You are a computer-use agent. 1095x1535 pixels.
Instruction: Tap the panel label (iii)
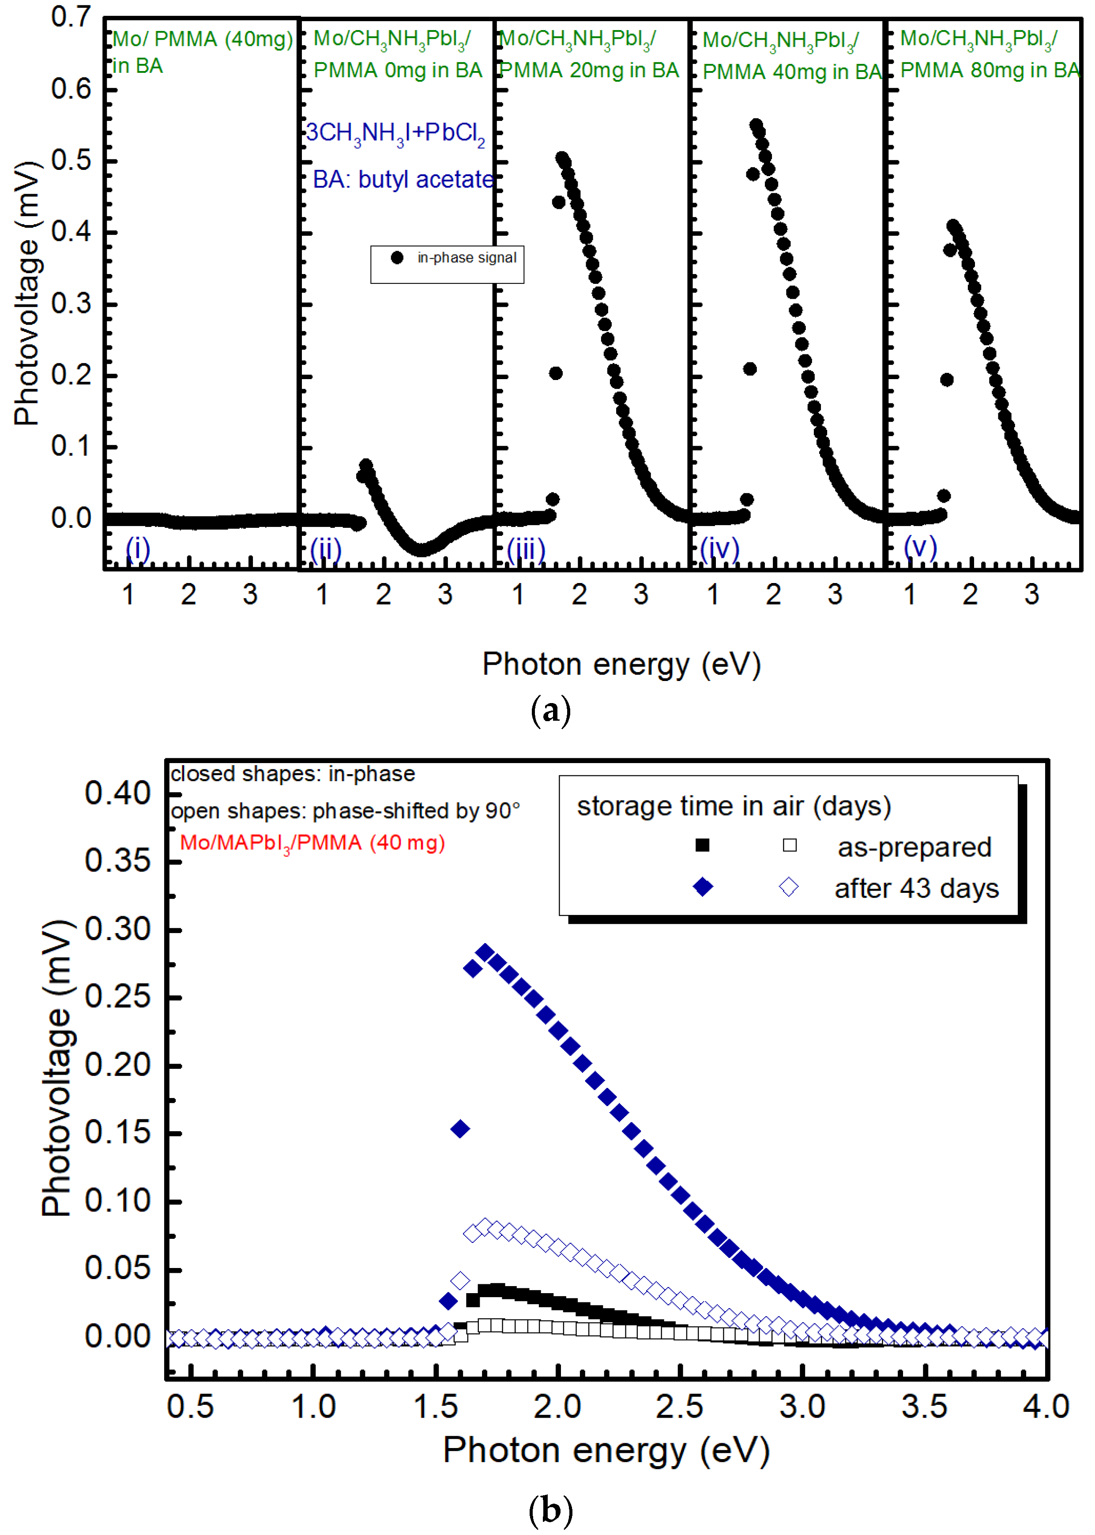[526, 549]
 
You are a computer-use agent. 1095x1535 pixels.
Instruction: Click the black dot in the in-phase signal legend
[397, 257]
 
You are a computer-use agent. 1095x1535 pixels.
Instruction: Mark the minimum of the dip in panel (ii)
[421, 549]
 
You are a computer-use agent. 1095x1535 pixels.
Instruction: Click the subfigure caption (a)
[550, 711]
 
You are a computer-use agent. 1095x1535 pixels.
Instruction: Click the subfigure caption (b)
[550, 1510]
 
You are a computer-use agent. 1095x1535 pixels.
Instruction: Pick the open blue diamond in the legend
[789, 887]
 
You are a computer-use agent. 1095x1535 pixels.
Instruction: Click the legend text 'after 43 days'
[916, 888]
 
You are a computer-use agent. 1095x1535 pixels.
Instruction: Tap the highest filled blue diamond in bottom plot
[485, 952]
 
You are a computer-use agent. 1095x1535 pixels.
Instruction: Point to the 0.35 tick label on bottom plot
[117, 861]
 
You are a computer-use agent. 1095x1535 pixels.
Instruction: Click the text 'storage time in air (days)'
[734, 806]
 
